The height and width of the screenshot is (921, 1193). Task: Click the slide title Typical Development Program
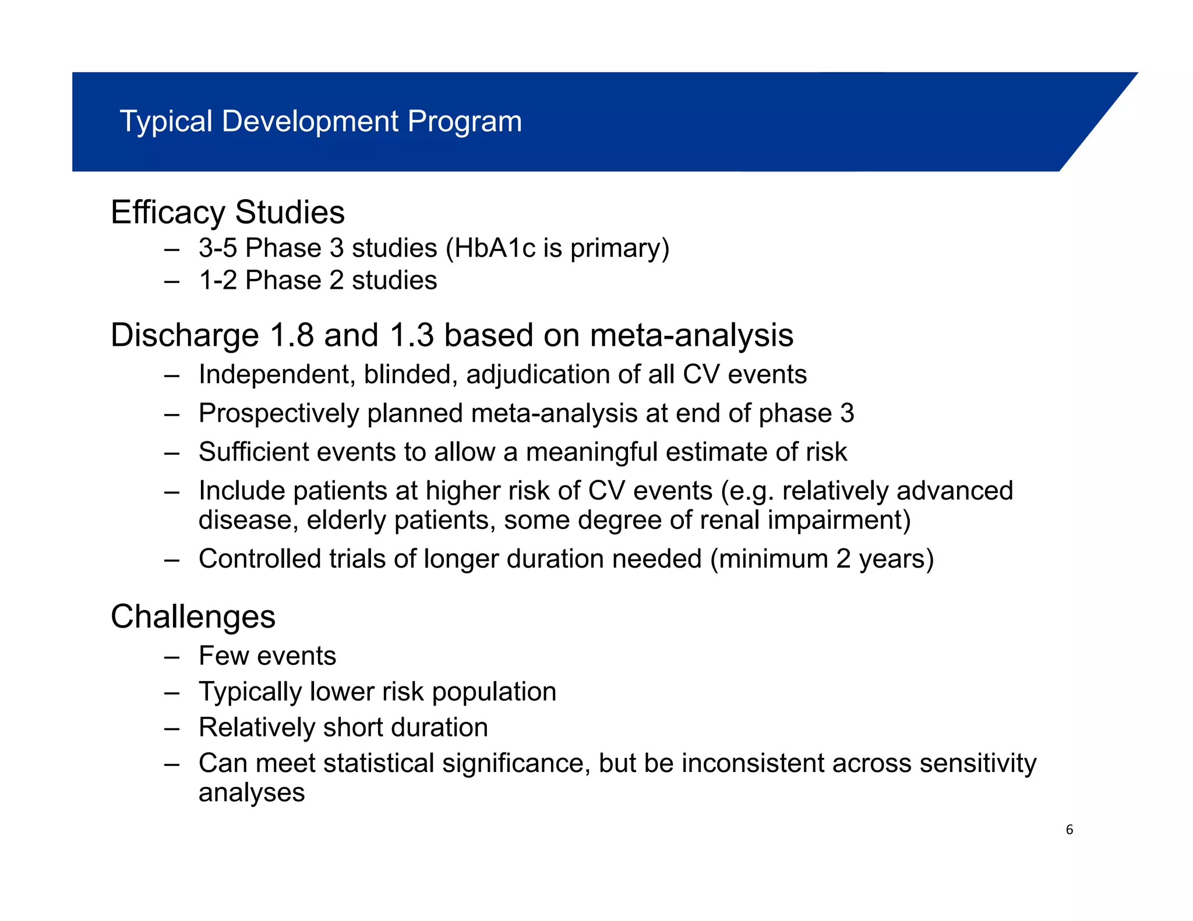coord(320,122)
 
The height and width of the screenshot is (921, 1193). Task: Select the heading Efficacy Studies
coord(228,212)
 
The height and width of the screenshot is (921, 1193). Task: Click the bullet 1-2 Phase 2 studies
coord(317,281)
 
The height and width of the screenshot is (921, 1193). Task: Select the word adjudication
coord(538,374)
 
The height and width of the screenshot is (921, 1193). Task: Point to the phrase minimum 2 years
coord(821,559)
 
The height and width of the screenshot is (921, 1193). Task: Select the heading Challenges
coord(193,617)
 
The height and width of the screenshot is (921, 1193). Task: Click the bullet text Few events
coord(267,656)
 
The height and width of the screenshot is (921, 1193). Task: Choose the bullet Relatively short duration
coord(343,728)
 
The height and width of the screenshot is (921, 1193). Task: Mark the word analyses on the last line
coord(252,793)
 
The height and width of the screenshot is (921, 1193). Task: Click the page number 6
coord(1069,830)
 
